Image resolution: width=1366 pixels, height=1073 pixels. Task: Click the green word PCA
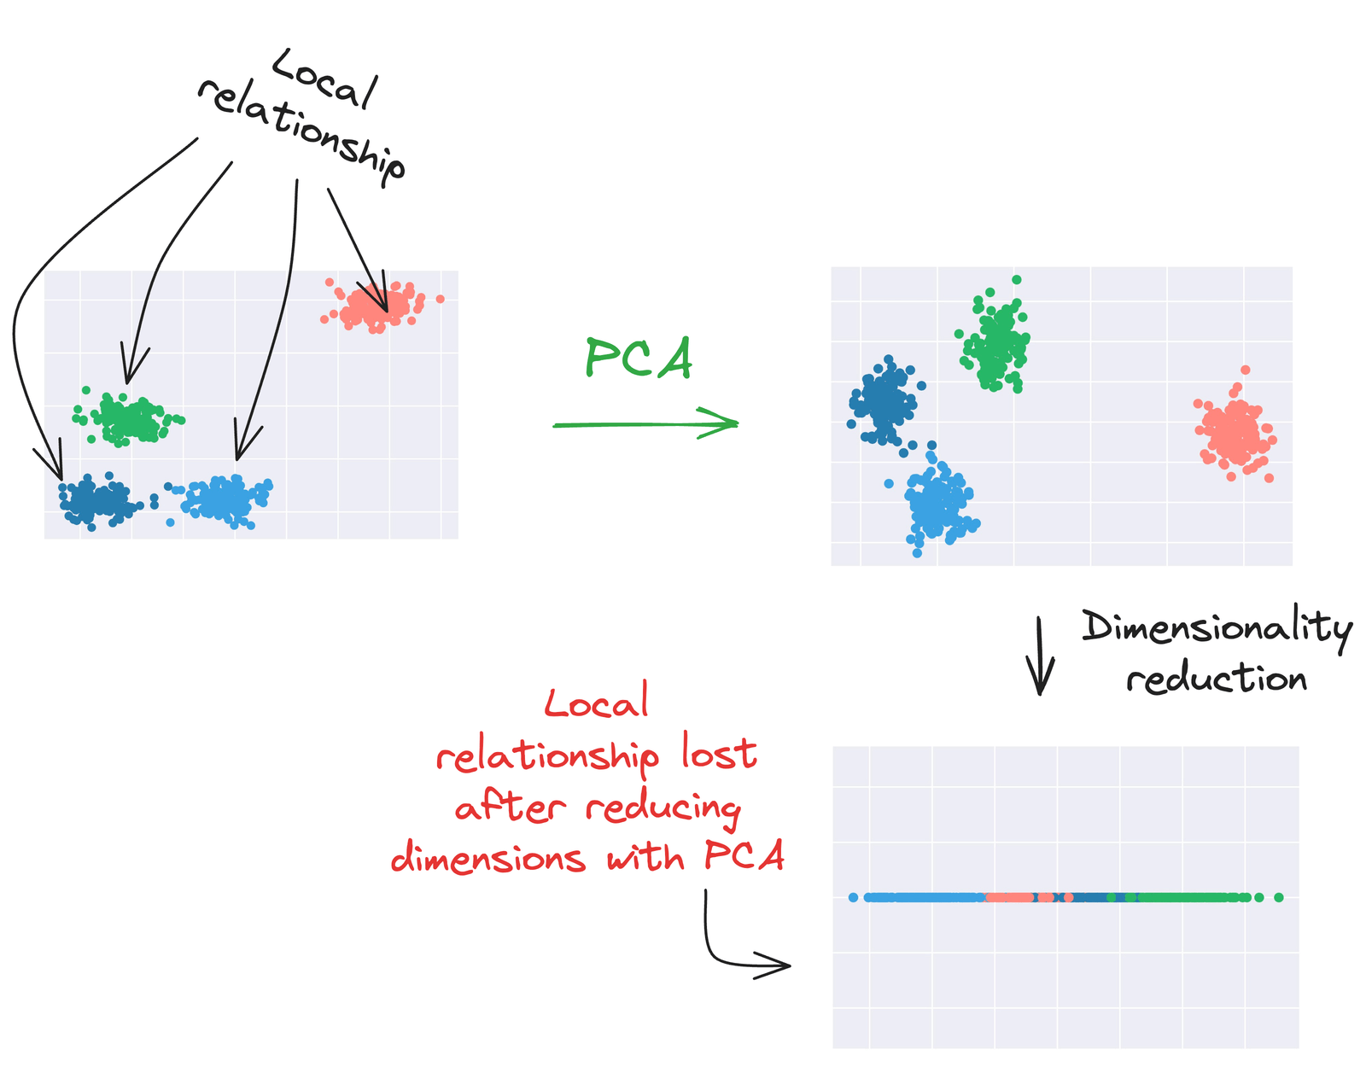tap(638, 359)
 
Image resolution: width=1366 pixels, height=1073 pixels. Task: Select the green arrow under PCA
tap(645, 423)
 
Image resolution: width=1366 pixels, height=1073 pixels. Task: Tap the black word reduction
tap(1216, 679)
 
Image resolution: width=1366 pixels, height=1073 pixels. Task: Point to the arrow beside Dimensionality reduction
tap(1040, 656)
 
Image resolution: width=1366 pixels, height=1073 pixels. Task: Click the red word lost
tap(719, 755)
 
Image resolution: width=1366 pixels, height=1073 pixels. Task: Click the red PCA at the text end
tap(744, 855)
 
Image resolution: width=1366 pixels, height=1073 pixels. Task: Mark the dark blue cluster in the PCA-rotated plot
tap(884, 400)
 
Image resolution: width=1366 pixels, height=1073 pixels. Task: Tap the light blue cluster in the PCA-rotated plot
tap(938, 505)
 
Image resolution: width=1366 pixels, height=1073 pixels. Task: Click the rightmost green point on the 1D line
tap(1278, 897)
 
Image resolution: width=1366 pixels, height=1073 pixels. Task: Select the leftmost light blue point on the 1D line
tap(854, 897)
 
